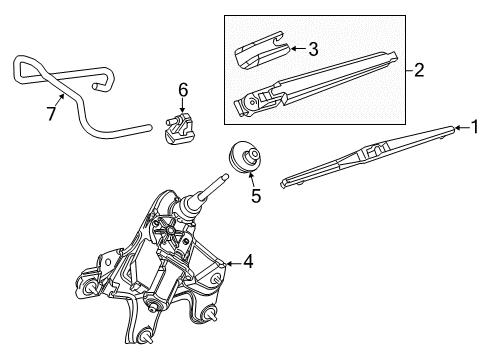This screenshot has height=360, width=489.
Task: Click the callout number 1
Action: tap(476, 126)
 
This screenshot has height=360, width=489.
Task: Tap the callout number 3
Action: tap(313, 48)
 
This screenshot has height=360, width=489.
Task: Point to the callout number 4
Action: tap(248, 262)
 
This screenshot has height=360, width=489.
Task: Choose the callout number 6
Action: tap(183, 91)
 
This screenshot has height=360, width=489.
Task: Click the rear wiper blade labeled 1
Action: tap(365, 155)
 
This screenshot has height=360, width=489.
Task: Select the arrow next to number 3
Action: tap(295, 47)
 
